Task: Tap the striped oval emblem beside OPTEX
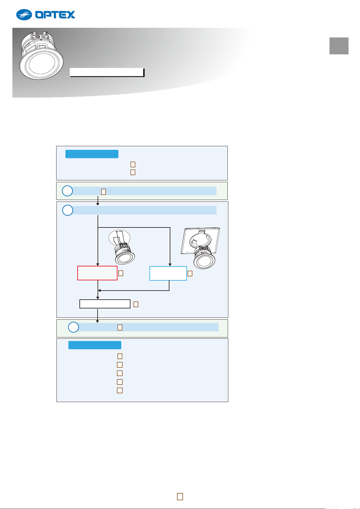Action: coord(24,15)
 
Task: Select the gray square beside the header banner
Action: coord(339,46)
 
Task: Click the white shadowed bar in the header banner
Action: coord(107,72)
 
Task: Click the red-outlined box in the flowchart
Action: coord(97,273)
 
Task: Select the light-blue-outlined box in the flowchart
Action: coord(168,273)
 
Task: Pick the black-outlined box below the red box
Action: coord(105,304)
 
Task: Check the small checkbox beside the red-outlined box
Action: coord(121,273)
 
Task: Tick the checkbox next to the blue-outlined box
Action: coord(190,273)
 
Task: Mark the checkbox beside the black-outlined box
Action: coord(136,304)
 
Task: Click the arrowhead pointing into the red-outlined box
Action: coord(98,265)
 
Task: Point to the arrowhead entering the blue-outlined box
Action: coord(170,265)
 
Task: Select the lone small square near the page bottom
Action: coord(180,497)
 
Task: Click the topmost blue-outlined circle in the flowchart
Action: coord(68,191)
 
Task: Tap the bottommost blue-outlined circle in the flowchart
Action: coord(73,327)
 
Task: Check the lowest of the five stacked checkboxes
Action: coord(120,390)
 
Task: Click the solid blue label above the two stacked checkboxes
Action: coord(92,154)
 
